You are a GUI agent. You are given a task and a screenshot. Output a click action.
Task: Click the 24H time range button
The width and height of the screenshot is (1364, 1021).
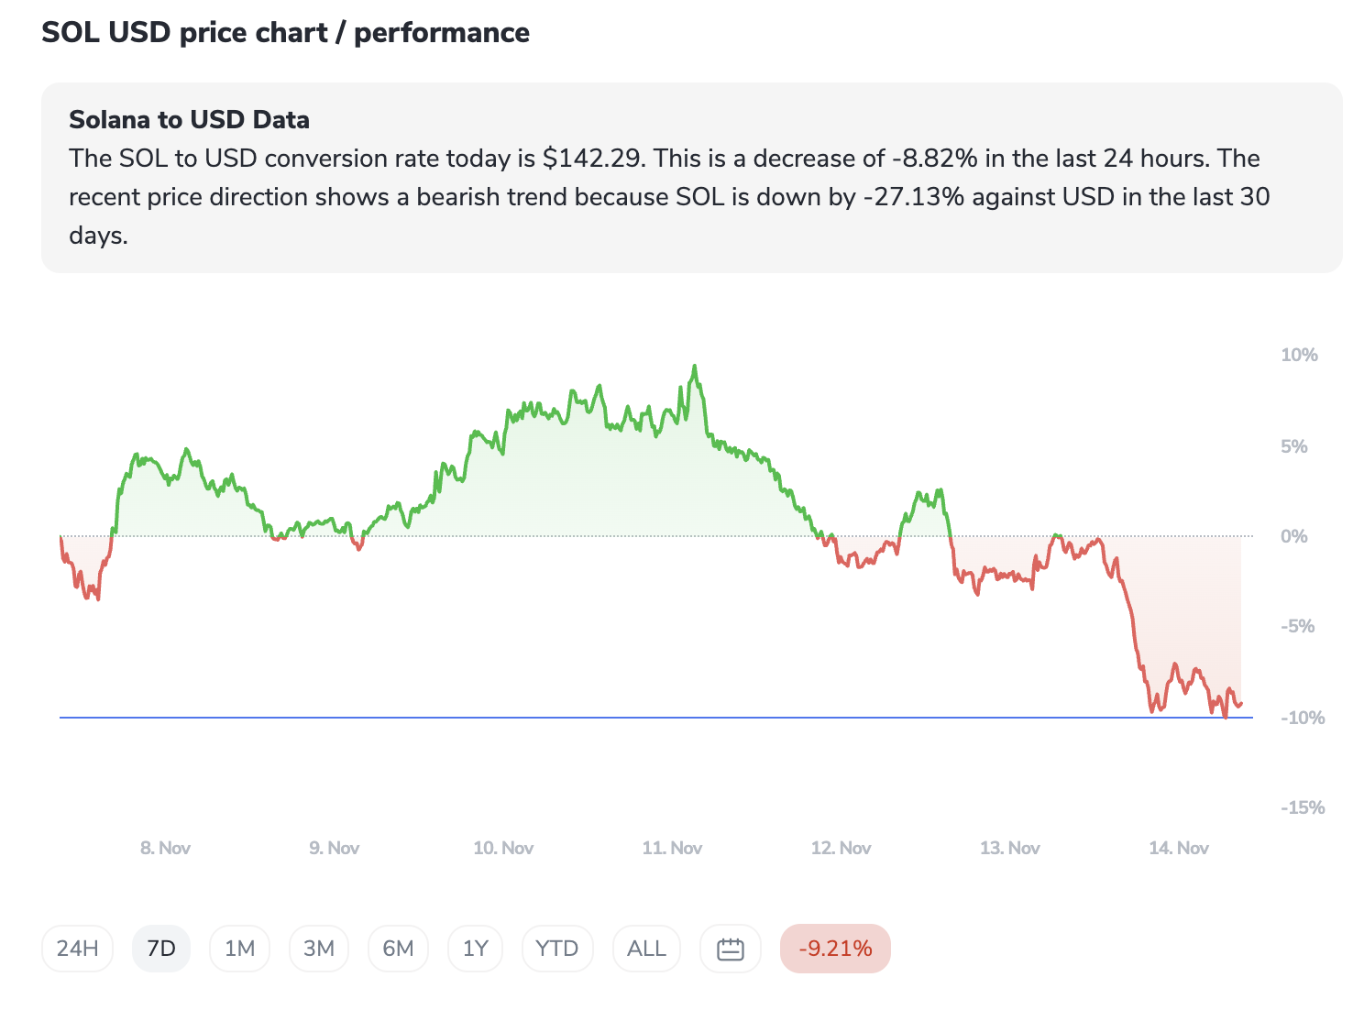coord(77,949)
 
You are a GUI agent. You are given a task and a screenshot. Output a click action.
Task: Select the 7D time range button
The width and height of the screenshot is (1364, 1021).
coord(161,949)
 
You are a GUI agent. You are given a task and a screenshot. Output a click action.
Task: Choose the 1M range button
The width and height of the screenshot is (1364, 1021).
coord(240,949)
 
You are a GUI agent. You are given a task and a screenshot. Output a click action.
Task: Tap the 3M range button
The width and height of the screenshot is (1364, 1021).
coord(319,949)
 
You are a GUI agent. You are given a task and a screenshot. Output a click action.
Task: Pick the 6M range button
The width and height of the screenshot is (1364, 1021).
coord(399,949)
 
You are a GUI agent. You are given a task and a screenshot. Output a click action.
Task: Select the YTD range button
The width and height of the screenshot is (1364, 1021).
coord(557,949)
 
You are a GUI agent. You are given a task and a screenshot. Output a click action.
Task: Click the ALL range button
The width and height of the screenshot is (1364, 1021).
coord(646,949)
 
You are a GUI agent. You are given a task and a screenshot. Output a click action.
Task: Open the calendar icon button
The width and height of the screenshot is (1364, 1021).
coord(731,949)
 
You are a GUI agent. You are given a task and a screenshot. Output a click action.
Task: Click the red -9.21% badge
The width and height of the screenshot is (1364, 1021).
coord(835,949)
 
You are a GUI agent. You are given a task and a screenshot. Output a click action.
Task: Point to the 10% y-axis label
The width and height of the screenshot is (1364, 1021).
coord(1299,356)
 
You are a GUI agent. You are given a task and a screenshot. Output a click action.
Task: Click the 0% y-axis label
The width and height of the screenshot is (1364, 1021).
coord(1293,537)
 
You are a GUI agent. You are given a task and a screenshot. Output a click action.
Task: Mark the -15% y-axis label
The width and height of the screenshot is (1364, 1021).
coord(1303,808)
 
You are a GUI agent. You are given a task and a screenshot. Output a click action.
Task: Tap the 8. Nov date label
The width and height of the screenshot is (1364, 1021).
coord(165,849)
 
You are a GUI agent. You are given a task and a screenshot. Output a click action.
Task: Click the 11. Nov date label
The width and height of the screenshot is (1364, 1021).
coord(672,849)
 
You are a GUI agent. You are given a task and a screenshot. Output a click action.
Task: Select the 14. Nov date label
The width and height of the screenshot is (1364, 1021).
coord(1179,849)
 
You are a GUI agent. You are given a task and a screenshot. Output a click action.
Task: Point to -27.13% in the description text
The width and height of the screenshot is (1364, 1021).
coord(914,197)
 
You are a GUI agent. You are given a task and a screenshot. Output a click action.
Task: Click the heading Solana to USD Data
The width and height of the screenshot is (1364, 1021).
coord(189,120)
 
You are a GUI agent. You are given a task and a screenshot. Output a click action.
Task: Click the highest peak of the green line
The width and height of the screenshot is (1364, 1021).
coord(695,367)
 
